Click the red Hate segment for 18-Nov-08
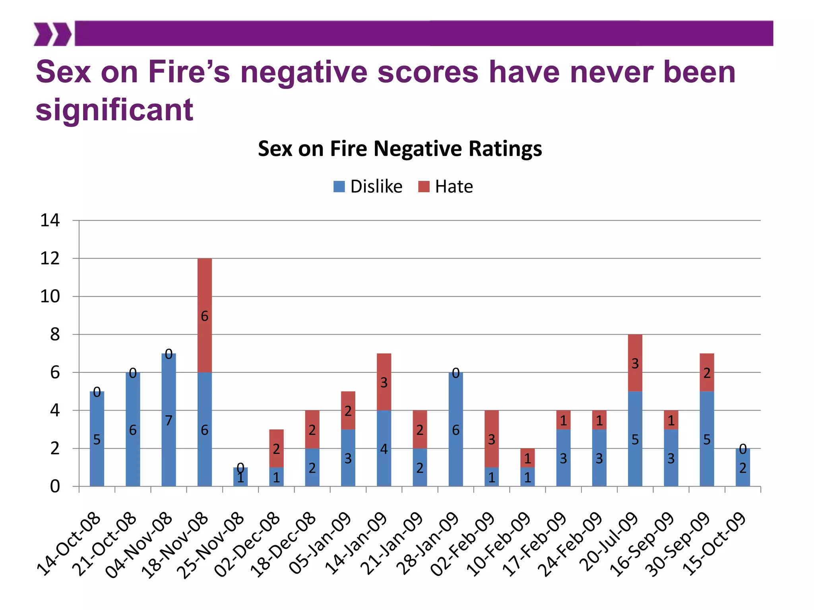(204, 315)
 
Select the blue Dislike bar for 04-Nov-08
(169, 419)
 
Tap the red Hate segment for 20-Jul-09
(635, 363)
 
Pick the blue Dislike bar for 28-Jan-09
(455, 429)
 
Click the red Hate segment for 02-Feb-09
(491, 438)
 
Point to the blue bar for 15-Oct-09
(742, 467)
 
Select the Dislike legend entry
(368, 187)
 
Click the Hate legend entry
(446, 187)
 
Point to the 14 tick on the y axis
(50, 220)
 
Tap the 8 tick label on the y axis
(55, 334)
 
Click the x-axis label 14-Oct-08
(69, 544)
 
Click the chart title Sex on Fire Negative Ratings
(399, 149)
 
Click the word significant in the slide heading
(114, 110)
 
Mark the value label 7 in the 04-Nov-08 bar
(169, 420)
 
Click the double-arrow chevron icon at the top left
(52, 34)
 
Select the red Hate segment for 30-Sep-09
(707, 372)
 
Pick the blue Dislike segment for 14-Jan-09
(384, 448)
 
